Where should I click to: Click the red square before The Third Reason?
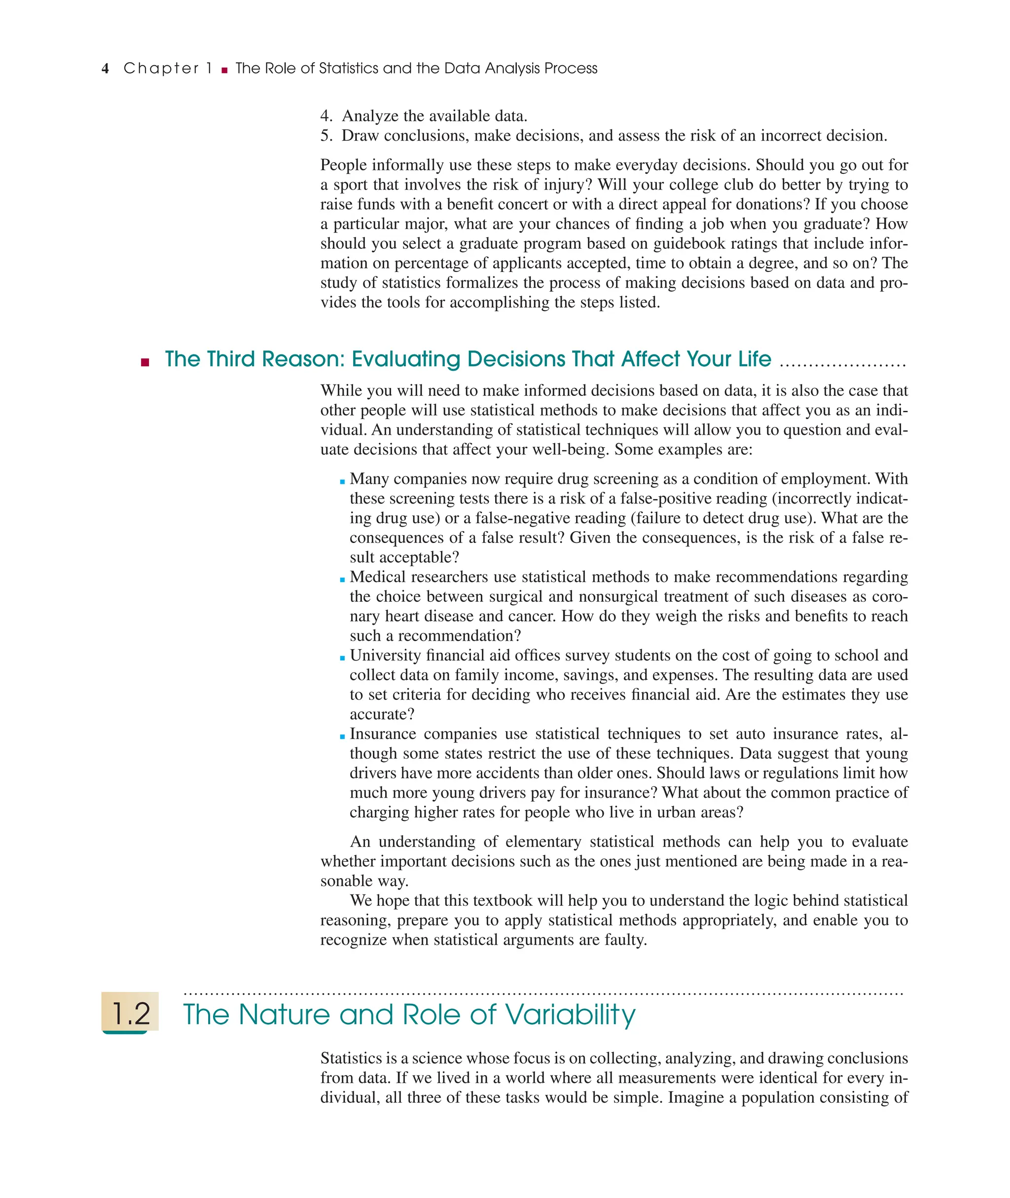pos(145,362)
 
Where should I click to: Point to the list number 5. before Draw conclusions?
pos(326,136)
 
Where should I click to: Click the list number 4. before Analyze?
pos(326,116)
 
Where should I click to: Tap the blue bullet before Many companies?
pos(342,481)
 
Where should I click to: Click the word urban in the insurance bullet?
pos(677,812)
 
